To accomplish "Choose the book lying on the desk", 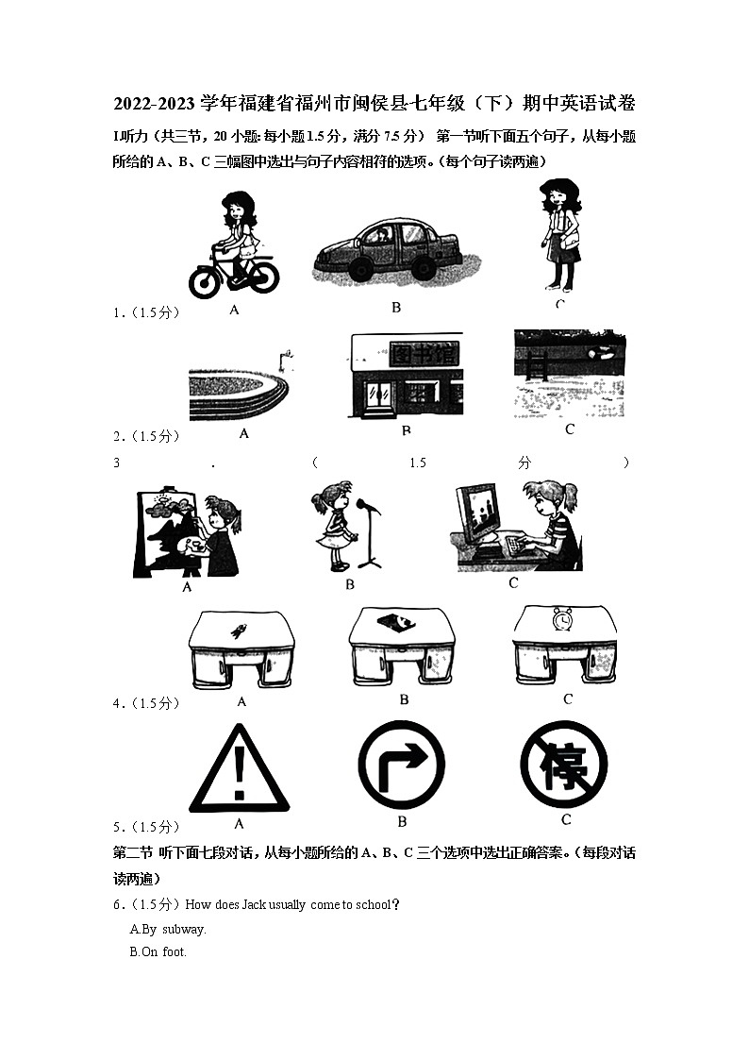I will [x=402, y=622].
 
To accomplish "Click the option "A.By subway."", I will [x=168, y=929].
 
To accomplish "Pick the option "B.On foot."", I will [x=158, y=951].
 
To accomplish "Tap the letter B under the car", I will [x=396, y=307].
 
